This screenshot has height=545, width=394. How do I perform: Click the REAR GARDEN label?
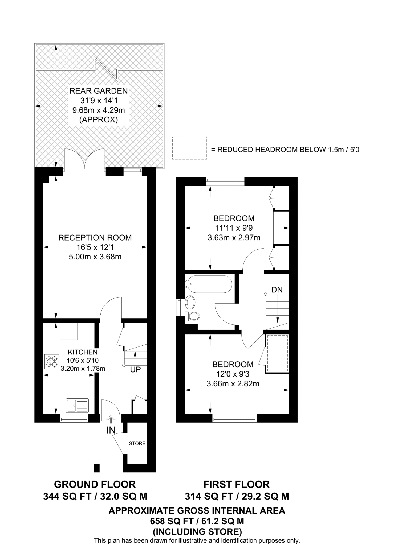99,91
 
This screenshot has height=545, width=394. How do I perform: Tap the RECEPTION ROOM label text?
95,238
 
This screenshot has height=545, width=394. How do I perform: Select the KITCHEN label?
83,352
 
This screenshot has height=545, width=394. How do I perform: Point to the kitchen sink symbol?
77,405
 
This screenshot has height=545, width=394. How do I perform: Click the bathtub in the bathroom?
209,284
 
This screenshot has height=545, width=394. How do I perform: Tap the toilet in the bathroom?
193,316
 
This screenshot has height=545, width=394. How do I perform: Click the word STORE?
137,443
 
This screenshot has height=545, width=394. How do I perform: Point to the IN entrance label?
111,431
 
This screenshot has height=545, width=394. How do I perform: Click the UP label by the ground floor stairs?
135,370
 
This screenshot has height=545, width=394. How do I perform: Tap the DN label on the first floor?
277,290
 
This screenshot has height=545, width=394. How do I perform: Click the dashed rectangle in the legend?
189,148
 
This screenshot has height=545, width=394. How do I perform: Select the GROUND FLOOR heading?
95,484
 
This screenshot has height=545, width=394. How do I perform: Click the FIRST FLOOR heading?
236,484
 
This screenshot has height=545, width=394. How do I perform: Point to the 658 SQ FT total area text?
197,521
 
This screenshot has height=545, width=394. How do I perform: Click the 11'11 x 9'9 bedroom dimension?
234,228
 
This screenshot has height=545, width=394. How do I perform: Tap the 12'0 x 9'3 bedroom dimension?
233,374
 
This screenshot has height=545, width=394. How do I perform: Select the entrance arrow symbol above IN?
111,420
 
